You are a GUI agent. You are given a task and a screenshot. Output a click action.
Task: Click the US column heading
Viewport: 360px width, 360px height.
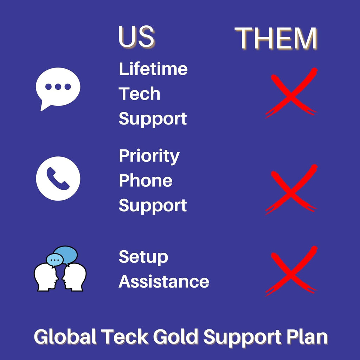136,37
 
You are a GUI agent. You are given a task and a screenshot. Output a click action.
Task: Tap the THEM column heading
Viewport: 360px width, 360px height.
276,38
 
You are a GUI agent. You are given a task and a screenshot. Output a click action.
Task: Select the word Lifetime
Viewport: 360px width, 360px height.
153,69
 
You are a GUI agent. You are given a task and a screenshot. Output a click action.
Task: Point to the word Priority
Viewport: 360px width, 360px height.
149,156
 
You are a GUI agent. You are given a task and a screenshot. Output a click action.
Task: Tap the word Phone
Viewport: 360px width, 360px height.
146,180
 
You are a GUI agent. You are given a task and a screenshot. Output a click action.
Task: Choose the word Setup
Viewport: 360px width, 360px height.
143,257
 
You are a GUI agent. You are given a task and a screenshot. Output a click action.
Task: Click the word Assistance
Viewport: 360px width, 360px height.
164,281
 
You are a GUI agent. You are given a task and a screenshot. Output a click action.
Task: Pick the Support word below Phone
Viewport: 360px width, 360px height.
153,206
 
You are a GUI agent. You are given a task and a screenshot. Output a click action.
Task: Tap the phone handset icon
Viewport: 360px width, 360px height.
58,179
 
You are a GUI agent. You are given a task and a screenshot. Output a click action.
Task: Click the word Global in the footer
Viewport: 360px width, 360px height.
65,336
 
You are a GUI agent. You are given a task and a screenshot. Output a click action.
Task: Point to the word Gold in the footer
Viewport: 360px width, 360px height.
175,336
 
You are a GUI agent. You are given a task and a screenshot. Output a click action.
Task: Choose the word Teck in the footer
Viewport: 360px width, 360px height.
125,336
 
